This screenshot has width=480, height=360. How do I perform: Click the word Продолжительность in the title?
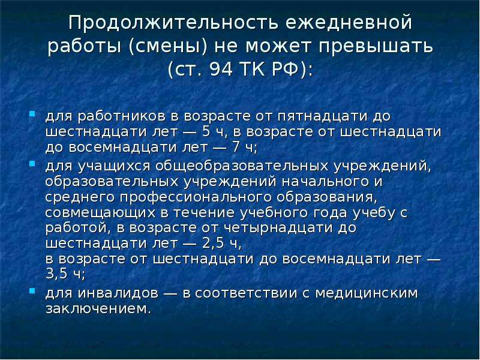click(173, 23)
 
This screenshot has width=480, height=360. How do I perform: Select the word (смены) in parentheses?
click(169, 47)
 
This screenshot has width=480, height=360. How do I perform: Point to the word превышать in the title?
click(376, 47)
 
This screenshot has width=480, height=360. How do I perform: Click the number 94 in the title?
click(221, 70)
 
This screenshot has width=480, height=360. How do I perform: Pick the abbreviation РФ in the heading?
click(285, 70)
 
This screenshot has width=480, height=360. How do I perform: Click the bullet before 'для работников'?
click(32, 114)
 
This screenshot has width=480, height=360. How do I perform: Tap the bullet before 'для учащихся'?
click(32, 164)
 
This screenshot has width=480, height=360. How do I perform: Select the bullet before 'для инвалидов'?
click(32, 290)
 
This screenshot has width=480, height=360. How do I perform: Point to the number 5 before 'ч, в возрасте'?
click(206, 131)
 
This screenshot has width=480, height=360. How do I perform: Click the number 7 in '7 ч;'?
click(236, 147)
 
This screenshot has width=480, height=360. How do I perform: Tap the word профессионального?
click(196, 197)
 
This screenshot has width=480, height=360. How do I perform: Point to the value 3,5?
click(56, 274)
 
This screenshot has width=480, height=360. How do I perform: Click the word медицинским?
click(367, 293)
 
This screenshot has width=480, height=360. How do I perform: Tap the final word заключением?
click(98, 308)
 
